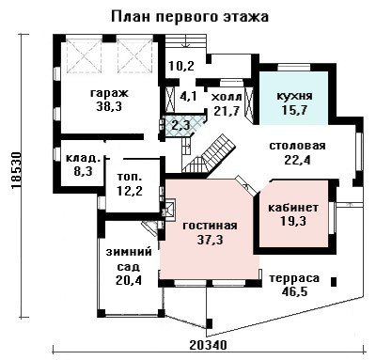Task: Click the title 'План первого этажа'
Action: pyautogui.click(x=190, y=17)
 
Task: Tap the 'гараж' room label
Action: pyautogui.click(x=109, y=93)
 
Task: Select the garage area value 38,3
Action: pyautogui.click(x=109, y=107)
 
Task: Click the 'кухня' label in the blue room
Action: pyautogui.click(x=294, y=96)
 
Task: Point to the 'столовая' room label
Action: pyautogui.click(x=297, y=146)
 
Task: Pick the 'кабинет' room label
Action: pyautogui.click(x=293, y=208)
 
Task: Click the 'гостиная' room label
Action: pyautogui.click(x=210, y=226)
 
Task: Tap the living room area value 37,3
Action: pyautogui.click(x=210, y=240)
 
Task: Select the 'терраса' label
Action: pyautogui.click(x=294, y=278)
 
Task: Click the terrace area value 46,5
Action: pyautogui.click(x=294, y=291)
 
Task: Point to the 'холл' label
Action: pyautogui.click(x=227, y=97)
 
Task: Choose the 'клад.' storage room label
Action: pyautogui.click(x=84, y=158)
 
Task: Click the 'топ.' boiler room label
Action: pyautogui.click(x=130, y=177)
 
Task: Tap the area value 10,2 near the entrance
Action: pyautogui.click(x=181, y=66)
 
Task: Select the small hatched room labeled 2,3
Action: pyautogui.click(x=182, y=126)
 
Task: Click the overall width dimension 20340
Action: pyautogui.click(x=208, y=345)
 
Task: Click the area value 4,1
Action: pyautogui.click(x=188, y=96)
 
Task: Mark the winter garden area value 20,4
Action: pyautogui.click(x=129, y=280)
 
